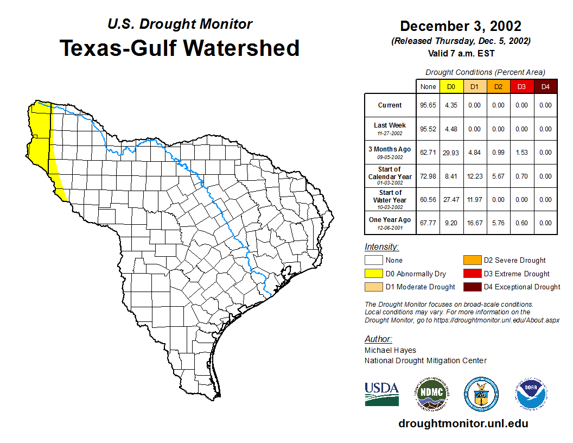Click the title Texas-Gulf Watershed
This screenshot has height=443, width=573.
179,48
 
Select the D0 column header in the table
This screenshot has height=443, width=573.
451,86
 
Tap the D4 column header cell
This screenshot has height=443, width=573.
545,86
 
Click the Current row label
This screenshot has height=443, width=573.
390,105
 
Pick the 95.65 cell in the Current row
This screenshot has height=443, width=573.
428,105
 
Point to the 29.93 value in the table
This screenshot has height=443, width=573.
451,153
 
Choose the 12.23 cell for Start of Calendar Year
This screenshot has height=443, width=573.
475,176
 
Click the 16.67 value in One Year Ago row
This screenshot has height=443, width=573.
475,223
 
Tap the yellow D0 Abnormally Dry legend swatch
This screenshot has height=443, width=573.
373,274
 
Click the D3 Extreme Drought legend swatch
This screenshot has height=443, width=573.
472,274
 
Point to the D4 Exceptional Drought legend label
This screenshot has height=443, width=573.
521,287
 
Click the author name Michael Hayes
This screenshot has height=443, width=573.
390,350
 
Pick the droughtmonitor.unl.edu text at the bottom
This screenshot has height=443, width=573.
463,423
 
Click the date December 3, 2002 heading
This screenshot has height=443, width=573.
460,26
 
